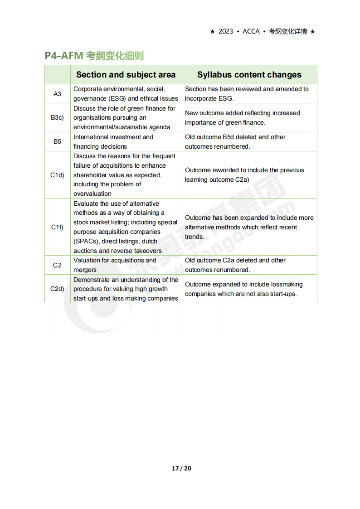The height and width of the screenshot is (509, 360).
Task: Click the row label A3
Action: [57, 94]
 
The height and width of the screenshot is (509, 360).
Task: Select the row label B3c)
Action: [57, 118]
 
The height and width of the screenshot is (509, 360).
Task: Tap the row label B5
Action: [57, 142]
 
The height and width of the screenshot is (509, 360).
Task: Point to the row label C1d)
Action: [57, 175]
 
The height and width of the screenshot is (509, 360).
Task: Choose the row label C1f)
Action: [57, 227]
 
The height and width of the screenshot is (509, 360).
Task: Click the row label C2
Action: [57, 265]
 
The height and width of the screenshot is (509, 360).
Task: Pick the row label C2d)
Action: [57, 289]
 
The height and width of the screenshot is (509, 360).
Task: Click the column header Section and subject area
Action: [126, 75]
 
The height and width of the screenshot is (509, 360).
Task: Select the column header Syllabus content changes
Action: [249, 75]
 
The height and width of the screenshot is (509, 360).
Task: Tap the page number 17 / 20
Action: [181, 468]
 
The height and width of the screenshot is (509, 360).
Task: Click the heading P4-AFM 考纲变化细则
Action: [94, 56]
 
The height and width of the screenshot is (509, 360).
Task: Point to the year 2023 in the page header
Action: [226, 31]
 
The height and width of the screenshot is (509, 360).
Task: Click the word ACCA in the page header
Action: [251, 31]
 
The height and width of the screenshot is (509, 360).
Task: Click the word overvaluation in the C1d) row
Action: [92, 194]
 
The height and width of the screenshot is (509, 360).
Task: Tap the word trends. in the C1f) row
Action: [195, 237]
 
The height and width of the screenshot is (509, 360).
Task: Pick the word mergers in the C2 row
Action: [85, 270]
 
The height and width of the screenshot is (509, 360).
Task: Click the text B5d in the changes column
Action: [230, 137]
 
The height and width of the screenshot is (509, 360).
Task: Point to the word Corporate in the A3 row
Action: [88, 89]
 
